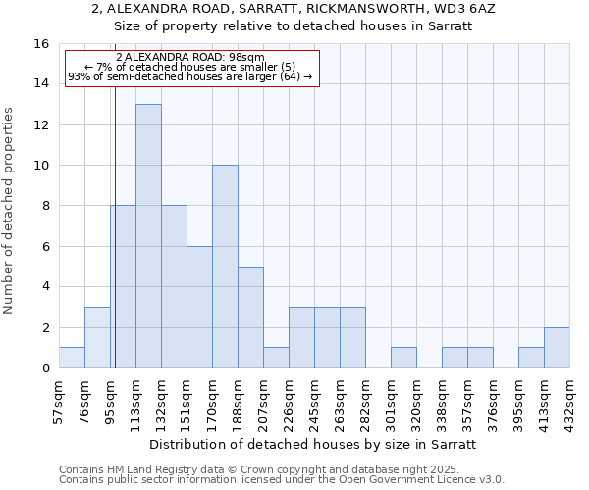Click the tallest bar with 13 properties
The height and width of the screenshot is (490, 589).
point(148,235)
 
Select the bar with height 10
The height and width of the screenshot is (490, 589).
point(225,267)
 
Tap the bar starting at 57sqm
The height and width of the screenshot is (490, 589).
point(72,358)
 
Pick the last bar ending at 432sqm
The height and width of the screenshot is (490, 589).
point(557,348)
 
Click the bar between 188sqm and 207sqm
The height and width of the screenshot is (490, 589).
point(250,318)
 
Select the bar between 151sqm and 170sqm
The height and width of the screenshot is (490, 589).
point(199,307)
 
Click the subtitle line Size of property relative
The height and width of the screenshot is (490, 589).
point(294,26)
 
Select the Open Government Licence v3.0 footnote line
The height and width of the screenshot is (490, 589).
point(282,480)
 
